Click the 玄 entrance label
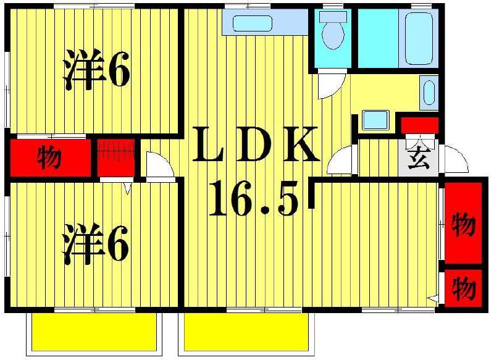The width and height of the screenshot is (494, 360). (x=419, y=159)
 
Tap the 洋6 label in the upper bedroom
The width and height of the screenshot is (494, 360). (x=96, y=73)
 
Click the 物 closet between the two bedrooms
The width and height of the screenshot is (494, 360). (x=49, y=158)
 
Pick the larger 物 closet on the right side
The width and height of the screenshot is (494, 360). (x=463, y=223)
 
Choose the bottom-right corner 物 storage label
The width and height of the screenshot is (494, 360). (x=463, y=287)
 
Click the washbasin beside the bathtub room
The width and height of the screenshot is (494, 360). (x=429, y=93)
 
